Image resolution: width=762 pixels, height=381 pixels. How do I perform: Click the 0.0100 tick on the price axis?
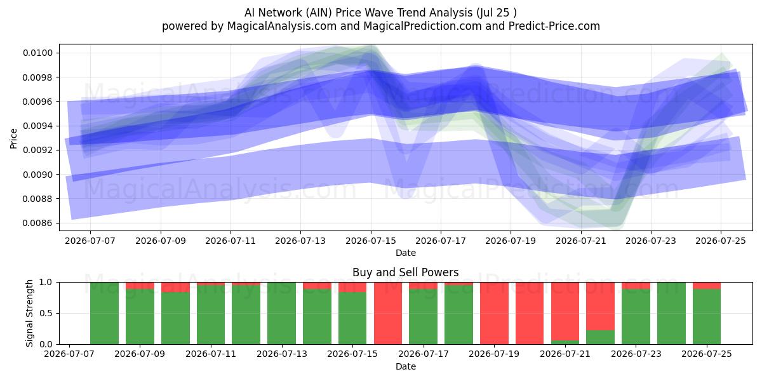[37, 53]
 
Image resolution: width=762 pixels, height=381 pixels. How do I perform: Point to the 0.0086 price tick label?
[37, 223]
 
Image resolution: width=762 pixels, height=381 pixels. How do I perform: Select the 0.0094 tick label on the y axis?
[37, 126]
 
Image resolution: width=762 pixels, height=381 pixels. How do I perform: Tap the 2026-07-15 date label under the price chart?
[371, 241]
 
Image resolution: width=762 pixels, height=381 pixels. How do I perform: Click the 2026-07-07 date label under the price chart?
[90, 241]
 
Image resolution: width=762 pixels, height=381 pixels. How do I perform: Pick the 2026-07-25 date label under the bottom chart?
[707, 354]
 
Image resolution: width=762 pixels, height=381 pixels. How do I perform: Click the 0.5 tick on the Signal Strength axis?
[46, 313]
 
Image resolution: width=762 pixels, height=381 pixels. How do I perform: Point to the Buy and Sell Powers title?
[406, 272]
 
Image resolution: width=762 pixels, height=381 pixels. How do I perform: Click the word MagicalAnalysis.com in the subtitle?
[282, 26]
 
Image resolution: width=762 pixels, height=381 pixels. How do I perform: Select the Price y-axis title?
[13, 138]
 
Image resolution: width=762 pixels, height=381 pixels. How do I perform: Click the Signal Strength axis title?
[30, 313]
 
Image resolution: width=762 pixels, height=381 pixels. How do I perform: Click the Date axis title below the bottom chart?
[406, 366]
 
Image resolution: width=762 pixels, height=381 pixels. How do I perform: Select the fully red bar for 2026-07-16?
[388, 313]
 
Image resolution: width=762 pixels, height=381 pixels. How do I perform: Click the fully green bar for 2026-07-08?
[104, 313]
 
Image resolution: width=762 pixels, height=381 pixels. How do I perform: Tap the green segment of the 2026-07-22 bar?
[601, 337]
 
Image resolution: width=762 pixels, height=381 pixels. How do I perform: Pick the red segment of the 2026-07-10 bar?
[175, 287]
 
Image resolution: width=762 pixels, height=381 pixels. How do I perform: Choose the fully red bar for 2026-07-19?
[494, 313]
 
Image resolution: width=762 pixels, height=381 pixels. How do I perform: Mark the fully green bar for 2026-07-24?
[672, 313]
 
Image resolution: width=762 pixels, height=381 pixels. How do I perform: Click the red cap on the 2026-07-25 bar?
[707, 285]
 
